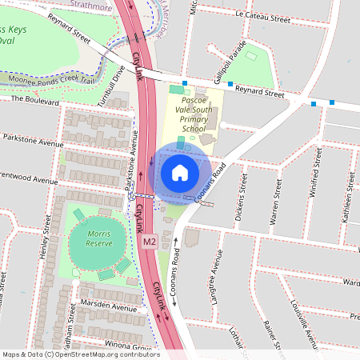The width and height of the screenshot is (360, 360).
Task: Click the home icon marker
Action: pyautogui.click(x=180, y=173)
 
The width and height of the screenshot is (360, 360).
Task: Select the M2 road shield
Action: pyautogui.click(x=149, y=241)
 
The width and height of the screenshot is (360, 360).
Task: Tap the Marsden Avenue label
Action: pyautogui.click(x=109, y=307)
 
